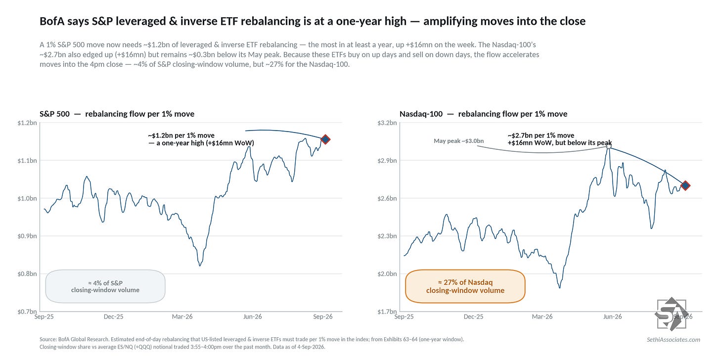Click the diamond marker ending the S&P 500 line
tap(325, 139)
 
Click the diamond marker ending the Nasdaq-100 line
tap(685, 185)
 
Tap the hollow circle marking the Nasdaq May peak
tap(608, 146)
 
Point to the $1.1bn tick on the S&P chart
tap(27, 160)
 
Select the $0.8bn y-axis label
tap(27, 274)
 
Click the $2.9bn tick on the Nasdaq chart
tap(387, 160)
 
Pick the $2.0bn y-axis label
tap(387, 274)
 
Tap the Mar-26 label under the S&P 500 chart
tap(182, 316)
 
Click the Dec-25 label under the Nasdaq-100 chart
tap(473, 316)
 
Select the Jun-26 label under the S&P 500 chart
tap(253, 316)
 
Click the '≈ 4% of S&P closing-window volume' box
tap(105, 286)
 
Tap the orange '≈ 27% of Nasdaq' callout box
tap(465, 286)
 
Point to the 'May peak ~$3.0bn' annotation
tap(459, 141)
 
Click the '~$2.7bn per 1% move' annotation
tap(541, 135)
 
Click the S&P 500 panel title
tap(117, 114)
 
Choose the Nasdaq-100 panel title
tap(484, 114)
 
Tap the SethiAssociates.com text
tap(674, 339)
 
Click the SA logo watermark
tap(671, 314)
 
